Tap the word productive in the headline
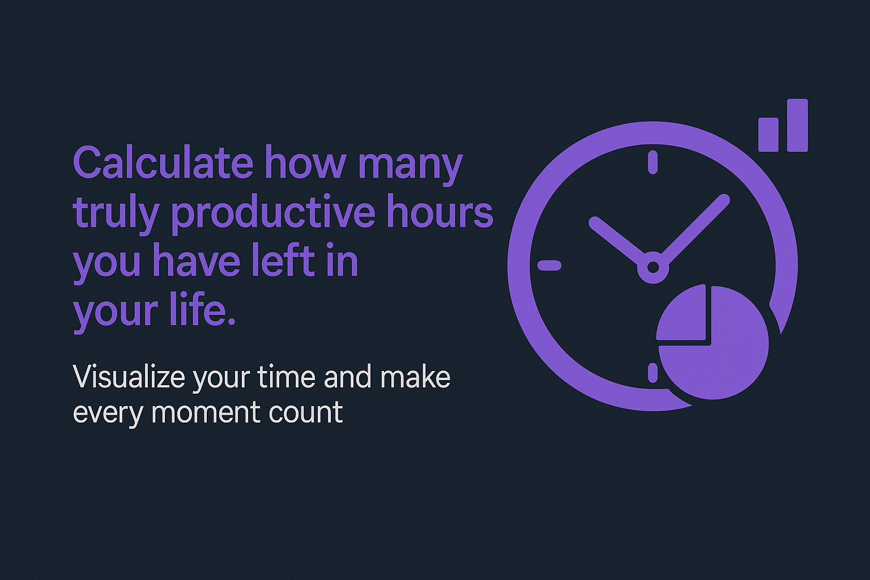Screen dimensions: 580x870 273,213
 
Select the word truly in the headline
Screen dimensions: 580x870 116,213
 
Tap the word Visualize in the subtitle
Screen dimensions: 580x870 129,377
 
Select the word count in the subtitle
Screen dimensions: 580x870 306,412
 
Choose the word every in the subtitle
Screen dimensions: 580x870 108,412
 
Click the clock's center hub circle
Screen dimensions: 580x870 652,266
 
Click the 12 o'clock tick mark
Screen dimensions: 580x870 652,162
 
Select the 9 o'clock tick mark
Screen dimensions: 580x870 549,265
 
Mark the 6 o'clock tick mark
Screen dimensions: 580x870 652,373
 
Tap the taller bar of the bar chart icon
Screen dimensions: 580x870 797,125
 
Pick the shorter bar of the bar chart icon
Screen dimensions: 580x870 768,135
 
